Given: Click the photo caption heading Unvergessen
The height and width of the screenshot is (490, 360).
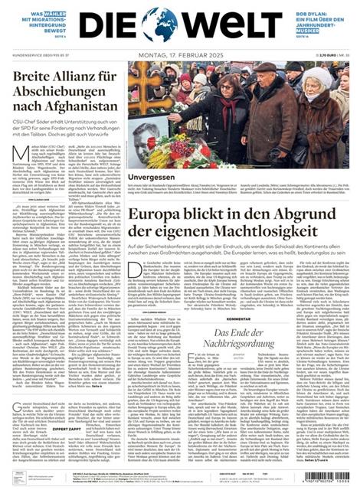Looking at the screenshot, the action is [x=149, y=177].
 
